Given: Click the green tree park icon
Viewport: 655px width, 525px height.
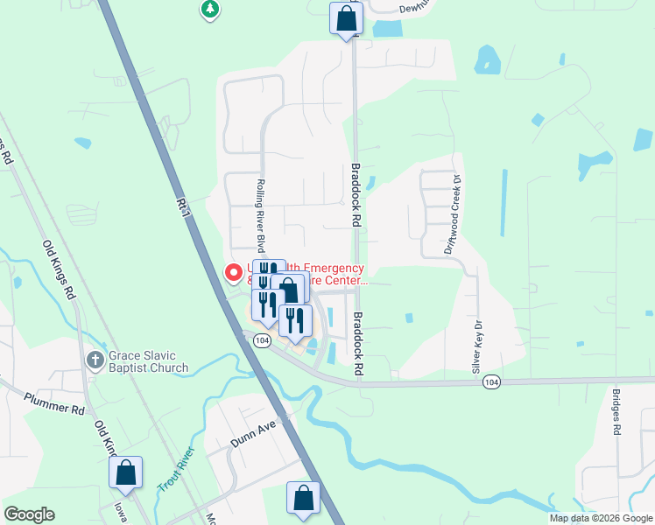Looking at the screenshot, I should [x=209, y=10].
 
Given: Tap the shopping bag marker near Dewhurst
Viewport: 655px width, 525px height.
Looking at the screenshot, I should [x=346, y=18].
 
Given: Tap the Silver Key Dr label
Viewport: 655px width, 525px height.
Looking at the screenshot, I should [x=478, y=344].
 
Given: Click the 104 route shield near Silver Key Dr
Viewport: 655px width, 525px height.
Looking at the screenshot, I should [x=493, y=382].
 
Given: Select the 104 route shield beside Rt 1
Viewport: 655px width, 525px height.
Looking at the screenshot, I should [x=262, y=339].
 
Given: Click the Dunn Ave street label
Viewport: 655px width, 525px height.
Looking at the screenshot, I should [x=253, y=434].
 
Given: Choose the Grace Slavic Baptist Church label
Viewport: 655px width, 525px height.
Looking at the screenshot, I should [x=148, y=361].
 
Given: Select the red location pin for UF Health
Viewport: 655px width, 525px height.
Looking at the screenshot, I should [x=234, y=273].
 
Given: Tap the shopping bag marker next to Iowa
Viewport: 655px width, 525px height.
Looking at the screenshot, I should [x=125, y=472].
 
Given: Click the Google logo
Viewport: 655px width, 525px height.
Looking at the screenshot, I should [x=29, y=514].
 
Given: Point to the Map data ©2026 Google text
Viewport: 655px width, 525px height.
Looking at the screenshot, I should [x=601, y=518].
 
